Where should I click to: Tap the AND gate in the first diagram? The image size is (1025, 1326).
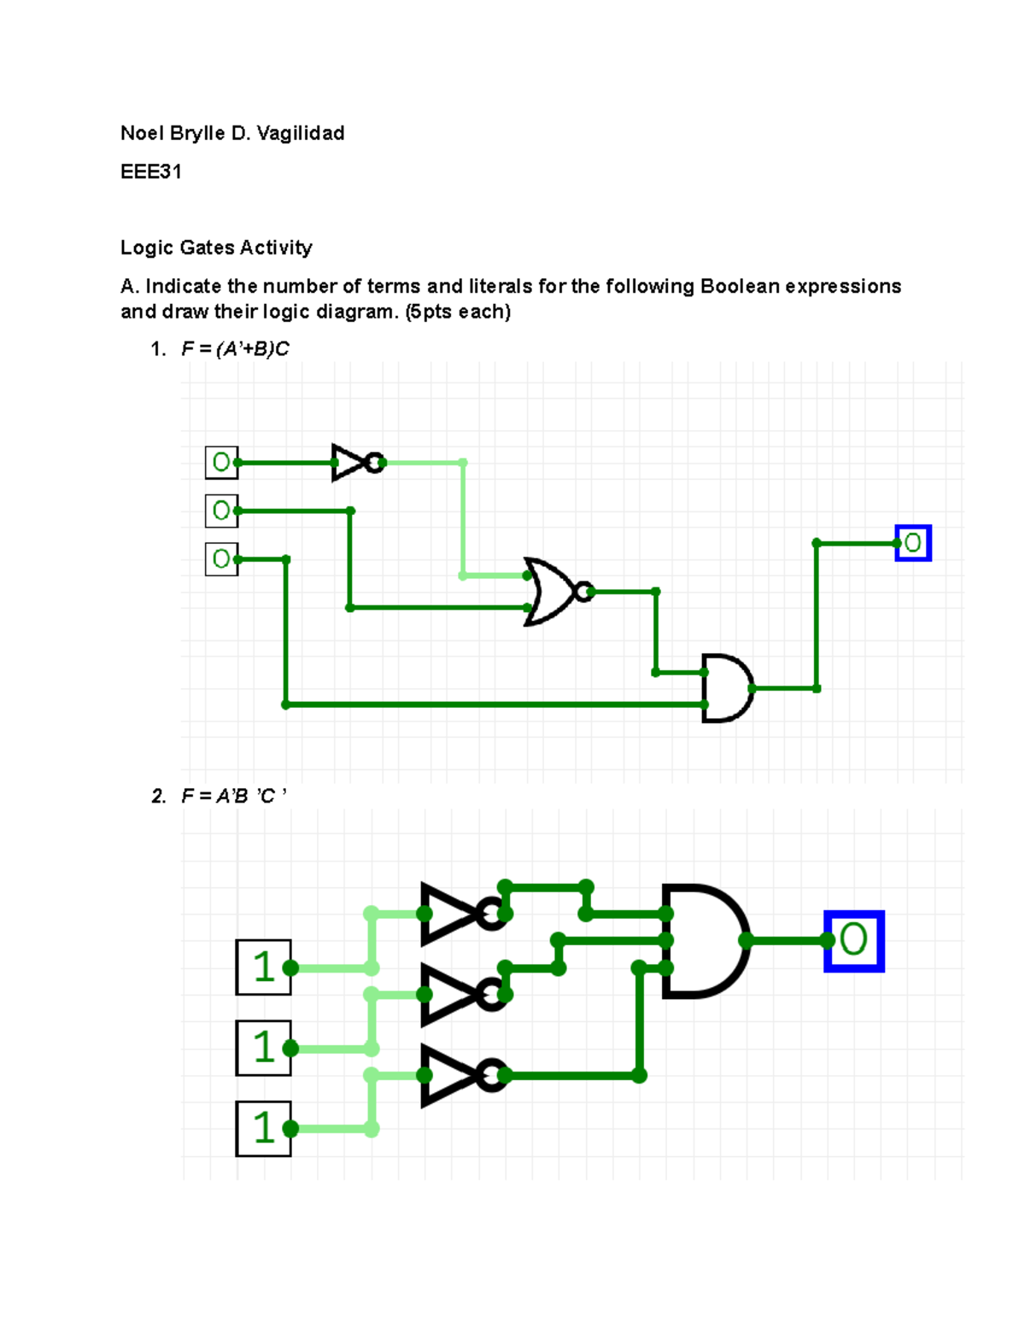pos(726,688)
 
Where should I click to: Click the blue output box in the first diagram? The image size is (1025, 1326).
pos(912,543)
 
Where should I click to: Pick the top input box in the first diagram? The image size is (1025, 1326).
pos(221,463)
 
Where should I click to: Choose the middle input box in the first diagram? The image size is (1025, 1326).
pos(221,511)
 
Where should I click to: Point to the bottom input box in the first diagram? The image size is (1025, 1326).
pos(221,559)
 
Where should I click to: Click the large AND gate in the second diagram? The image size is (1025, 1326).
pos(703,941)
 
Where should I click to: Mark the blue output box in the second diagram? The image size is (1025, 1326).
pos(853,941)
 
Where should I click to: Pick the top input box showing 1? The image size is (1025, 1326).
pos(263,967)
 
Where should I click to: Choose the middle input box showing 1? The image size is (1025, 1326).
pos(263,1048)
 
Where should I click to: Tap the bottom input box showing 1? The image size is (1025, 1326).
pos(263,1128)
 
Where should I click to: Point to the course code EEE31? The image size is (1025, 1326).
pos(150,172)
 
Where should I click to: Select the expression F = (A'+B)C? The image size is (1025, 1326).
pos(235,349)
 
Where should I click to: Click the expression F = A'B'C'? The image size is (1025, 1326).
pos(233,797)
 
